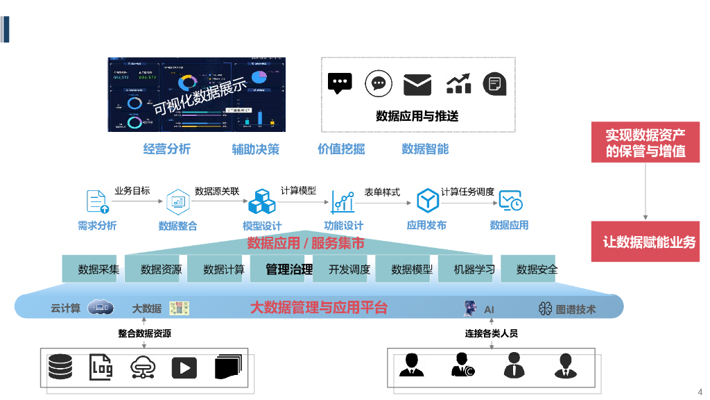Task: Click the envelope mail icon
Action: pyautogui.click(x=417, y=84)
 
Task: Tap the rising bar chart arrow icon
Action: pyautogui.click(x=458, y=84)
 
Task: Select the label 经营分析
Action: pyautogui.click(x=166, y=149)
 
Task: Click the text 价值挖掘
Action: pyautogui.click(x=341, y=149)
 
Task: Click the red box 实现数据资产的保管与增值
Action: pyautogui.click(x=646, y=142)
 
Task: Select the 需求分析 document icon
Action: pyautogui.click(x=97, y=201)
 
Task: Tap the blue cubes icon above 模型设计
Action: pyautogui.click(x=262, y=201)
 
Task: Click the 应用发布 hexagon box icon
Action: pyautogui.click(x=427, y=201)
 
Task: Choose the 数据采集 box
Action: pyautogui.click(x=98, y=269)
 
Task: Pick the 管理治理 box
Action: pyautogui.click(x=289, y=269)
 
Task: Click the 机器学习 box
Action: pyautogui.click(x=474, y=269)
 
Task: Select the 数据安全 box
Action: pyautogui.click(x=537, y=269)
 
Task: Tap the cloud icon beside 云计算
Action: pyautogui.click(x=101, y=308)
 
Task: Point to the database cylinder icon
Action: pyautogui.click(x=60, y=367)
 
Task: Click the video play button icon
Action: pyautogui.click(x=184, y=367)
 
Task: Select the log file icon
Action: pyautogui.click(x=101, y=367)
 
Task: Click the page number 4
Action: pyautogui.click(x=700, y=390)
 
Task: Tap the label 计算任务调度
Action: pyautogui.click(x=467, y=191)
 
